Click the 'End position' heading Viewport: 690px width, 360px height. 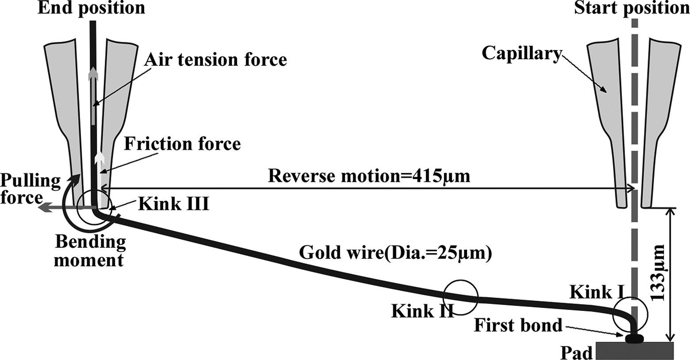click(91, 8)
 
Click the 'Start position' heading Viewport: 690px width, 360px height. click(632, 8)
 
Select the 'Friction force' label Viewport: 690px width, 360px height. click(182, 144)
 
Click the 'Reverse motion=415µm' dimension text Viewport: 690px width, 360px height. click(369, 176)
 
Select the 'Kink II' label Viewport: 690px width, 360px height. click(422, 311)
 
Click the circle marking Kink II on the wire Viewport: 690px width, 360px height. click(461, 297)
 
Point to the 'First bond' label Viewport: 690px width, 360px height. click(518, 326)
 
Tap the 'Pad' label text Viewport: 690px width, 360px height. click(576, 352)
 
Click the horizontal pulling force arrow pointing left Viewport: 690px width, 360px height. click(55, 208)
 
